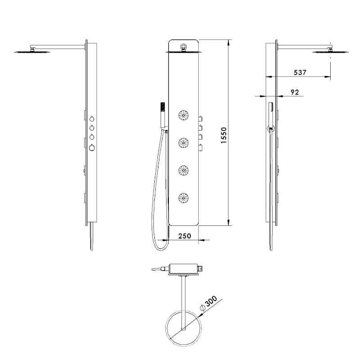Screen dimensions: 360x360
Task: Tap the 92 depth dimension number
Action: [295, 92]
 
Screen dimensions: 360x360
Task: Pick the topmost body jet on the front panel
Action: [184, 116]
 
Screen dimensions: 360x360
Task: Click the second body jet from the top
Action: [184, 143]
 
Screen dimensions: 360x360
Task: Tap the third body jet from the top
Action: [184, 170]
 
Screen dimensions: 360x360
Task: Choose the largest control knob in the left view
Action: [92, 148]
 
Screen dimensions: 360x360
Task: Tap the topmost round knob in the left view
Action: [92, 119]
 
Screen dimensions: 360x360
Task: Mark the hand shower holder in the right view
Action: [270, 128]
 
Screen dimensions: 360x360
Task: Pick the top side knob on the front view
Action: [201, 119]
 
